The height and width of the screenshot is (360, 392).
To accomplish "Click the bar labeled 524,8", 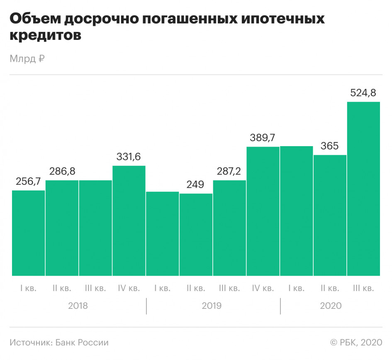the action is (363, 189).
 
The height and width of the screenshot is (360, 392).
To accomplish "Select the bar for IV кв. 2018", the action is (129, 220).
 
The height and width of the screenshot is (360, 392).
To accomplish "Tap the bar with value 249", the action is (196, 235).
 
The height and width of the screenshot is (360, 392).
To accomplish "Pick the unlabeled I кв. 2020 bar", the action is (297, 211).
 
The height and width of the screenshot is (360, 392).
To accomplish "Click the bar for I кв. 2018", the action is (29, 233).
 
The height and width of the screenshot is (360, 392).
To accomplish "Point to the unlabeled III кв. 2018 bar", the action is (95, 228).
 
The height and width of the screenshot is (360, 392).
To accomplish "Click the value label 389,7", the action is (262, 138).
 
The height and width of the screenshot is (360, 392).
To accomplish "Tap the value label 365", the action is (329, 146).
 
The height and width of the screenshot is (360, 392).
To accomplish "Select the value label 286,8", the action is (62, 171).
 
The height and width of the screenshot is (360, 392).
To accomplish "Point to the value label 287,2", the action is (229, 171).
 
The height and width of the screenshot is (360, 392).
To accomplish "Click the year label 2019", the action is (212, 306).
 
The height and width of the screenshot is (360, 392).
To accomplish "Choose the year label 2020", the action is (331, 306).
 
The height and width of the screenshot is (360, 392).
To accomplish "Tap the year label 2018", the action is (78, 306).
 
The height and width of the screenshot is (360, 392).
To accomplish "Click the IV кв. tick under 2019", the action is (263, 288).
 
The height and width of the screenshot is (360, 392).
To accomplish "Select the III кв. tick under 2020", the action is (363, 288).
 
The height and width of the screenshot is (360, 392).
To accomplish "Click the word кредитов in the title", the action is (46, 35).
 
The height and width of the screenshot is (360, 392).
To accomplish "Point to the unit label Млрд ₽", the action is (27, 59).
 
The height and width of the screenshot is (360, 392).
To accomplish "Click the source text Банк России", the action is (82, 343).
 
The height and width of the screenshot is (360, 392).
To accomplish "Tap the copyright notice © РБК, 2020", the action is (356, 343).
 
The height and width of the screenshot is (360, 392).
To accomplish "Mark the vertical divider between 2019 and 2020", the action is (280, 306).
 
